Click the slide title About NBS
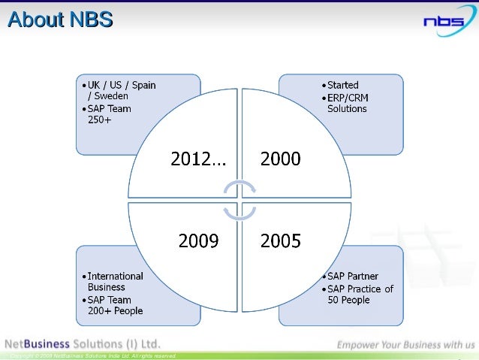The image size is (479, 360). [x=59, y=20]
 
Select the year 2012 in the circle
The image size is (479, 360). [x=198, y=159]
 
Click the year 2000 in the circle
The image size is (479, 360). [x=280, y=159]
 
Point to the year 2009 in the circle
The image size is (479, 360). [x=198, y=241]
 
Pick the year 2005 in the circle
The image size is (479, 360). [x=280, y=241]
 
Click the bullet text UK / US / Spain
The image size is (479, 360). [x=122, y=85]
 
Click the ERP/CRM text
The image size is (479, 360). [x=348, y=97]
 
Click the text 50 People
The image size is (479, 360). [x=348, y=300]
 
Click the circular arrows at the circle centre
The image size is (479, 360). [x=239, y=200]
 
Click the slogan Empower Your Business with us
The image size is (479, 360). [x=405, y=345]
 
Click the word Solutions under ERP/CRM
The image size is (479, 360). [x=347, y=109]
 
